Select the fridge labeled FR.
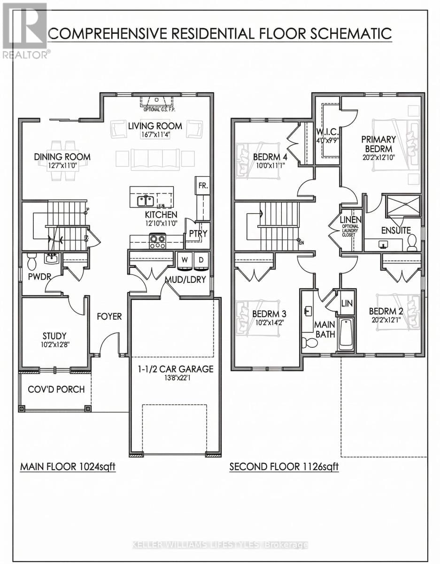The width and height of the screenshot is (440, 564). click(x=203, y=186)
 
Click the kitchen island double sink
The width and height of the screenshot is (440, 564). click(x=145, y=201)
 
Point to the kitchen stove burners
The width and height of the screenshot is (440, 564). click(x=157, y=242)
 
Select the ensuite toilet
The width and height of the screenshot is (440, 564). click(x=412, y=242)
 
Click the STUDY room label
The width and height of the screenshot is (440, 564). click(x=54, y=336)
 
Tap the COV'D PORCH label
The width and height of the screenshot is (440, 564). click(x=56, y=389)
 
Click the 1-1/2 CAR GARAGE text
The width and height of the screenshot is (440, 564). click(x=175, y=369)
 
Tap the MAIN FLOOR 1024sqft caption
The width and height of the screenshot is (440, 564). click(x=67, y=467)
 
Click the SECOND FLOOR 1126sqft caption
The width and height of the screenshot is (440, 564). click(x=284, y=467)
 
